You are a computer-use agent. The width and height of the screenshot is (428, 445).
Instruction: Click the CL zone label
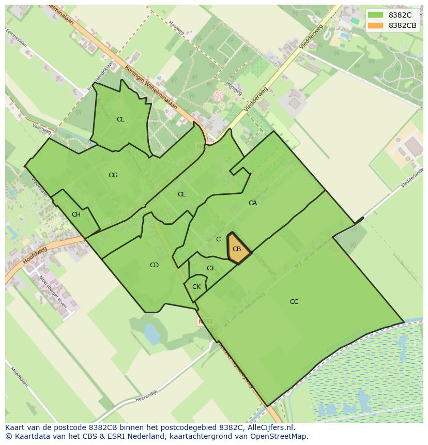[120, 119]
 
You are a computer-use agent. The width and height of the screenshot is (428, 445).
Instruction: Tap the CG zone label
[113, 175]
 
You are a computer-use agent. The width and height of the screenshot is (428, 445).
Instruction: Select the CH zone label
[76, 214]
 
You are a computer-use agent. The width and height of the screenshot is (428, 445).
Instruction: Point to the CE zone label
[181, 194]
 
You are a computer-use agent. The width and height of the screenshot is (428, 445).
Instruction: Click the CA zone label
[252, 203]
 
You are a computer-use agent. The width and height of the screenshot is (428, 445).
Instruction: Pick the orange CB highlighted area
[238, 249]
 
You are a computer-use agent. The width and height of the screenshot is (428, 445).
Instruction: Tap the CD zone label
[154, 265]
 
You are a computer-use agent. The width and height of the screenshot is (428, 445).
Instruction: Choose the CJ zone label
[210, 268]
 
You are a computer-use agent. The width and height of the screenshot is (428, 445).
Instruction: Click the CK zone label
[196, 287]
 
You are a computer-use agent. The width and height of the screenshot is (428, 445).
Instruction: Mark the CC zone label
[294, 302]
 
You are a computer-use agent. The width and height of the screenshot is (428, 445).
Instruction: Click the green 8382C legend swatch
[376, 15]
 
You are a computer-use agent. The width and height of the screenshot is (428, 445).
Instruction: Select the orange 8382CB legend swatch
[376, 25]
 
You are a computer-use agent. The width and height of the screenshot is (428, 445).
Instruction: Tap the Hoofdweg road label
[35, 256]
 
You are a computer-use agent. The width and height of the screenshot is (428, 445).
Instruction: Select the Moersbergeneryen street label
[53, 292]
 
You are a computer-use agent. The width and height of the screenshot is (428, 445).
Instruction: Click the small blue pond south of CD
[151, 334]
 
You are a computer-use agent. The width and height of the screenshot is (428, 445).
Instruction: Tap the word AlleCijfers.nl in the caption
[269, 427]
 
